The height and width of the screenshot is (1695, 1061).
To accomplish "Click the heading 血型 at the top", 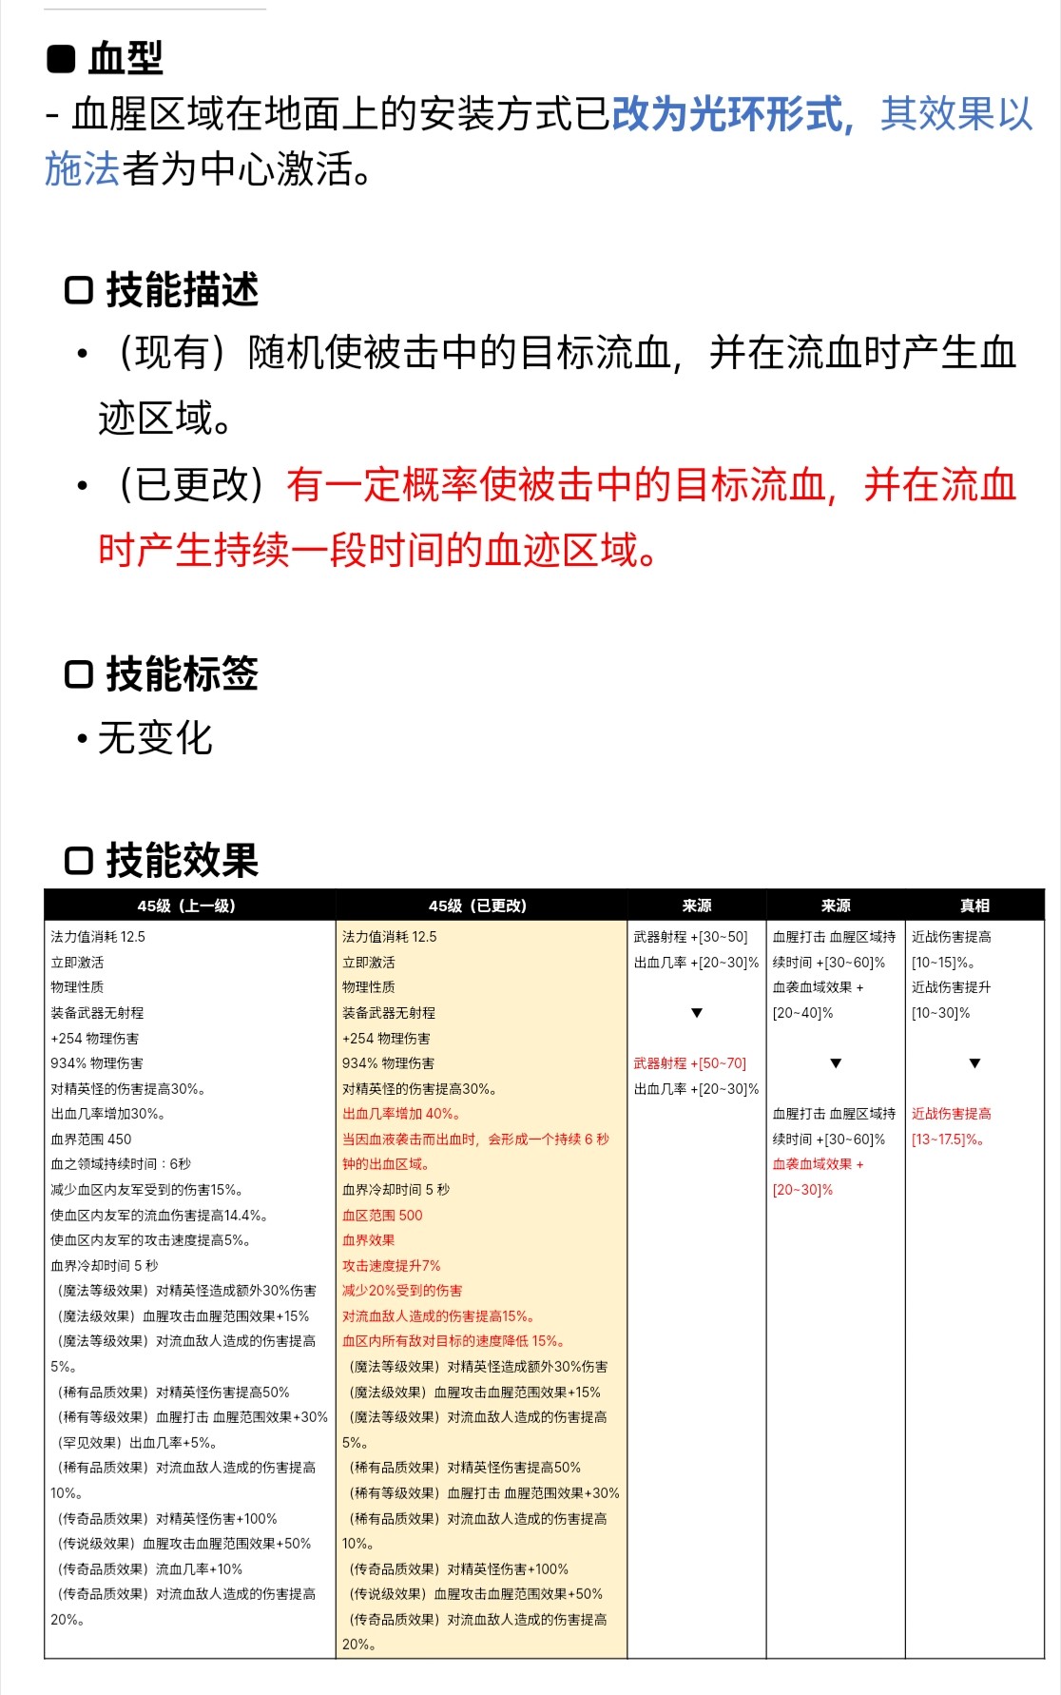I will point(125,59).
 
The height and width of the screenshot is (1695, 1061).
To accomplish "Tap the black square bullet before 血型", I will point(61,59).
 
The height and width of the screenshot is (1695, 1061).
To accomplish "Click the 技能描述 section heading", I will point(182,290).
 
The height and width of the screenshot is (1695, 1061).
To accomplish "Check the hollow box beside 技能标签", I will point(78,674).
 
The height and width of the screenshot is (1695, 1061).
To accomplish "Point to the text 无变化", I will point(155,738).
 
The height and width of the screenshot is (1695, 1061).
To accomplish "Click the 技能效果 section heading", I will point(182,861).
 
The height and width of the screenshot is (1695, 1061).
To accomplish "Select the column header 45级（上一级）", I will point(187,906).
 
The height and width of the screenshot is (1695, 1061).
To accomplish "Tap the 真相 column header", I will point(974,906).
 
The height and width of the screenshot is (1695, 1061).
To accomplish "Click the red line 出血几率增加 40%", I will point(402,1114).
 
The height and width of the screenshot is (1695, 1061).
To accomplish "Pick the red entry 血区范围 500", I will point(382,1215).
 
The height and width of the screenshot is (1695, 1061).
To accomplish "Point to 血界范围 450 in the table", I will point(91,1139).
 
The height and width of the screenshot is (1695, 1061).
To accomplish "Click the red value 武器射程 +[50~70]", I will point(690,1063).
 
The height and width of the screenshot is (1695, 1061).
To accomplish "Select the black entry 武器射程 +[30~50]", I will point(691,937).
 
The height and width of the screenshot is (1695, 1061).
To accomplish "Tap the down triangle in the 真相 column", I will point(974,1063).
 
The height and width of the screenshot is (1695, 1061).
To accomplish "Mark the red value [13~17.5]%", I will point(948,1139).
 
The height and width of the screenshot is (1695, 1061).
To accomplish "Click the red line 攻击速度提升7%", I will point(392,1265).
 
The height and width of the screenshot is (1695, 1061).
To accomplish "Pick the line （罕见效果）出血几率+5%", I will point(134,1442).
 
